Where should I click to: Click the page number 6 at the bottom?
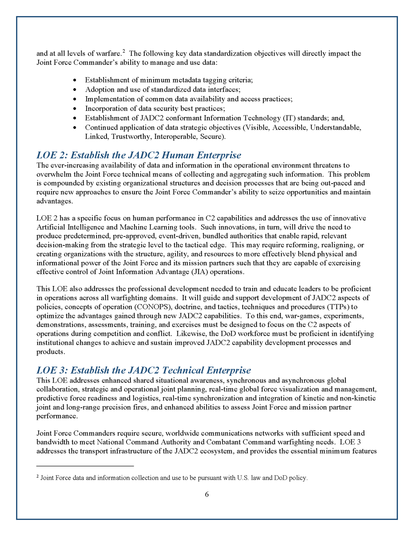pyautogui.click(x=207, y=494)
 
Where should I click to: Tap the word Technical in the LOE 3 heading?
pyautogui.click(x=183, y=370)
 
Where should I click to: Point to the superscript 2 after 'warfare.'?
pyautogui.click(x=124, y=51)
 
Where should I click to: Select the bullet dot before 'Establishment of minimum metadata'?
pyautogui.click(x=75, y=80)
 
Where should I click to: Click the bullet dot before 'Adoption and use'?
pyautogui.click(x=75, y=90)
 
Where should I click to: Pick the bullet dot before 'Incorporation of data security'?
pyautogui.click(x=75, y=109)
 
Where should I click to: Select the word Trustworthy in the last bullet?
pyautogui.click(x=131, y=136)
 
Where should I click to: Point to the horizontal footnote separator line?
pyautogui.click(x=85, y=466)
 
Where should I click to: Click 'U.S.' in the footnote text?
pyautogui.click(x=243, y=478)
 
